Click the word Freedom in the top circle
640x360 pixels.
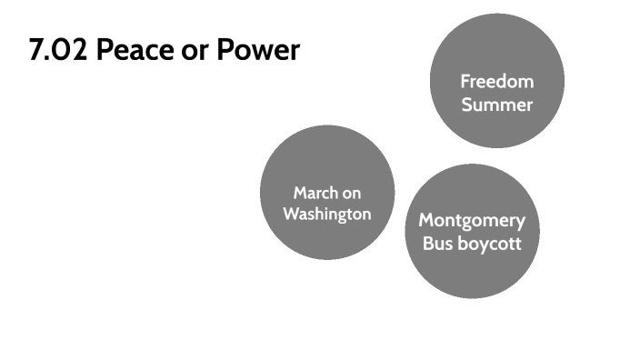pos(496,82)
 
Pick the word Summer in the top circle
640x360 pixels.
pos(496,105)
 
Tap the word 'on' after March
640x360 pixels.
pos(351,193)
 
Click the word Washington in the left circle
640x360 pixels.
pos(326,215)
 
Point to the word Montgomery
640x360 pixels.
pos(472,220)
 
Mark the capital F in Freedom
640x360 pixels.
pos(465,82)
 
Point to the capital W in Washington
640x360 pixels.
pos(290,215)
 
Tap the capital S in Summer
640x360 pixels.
pos(466,105)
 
